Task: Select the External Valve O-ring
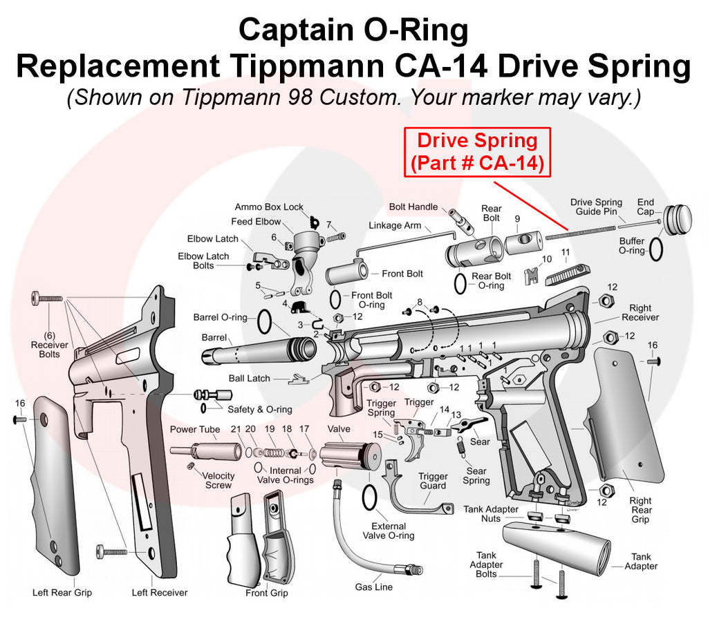point(370,496)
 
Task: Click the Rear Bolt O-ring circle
point(460,282)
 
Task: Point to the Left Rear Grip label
point(62,592)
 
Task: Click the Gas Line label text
point(373,587)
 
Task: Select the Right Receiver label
point(640,312)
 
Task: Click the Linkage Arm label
point(395,225)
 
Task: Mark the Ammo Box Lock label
point(269,207)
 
